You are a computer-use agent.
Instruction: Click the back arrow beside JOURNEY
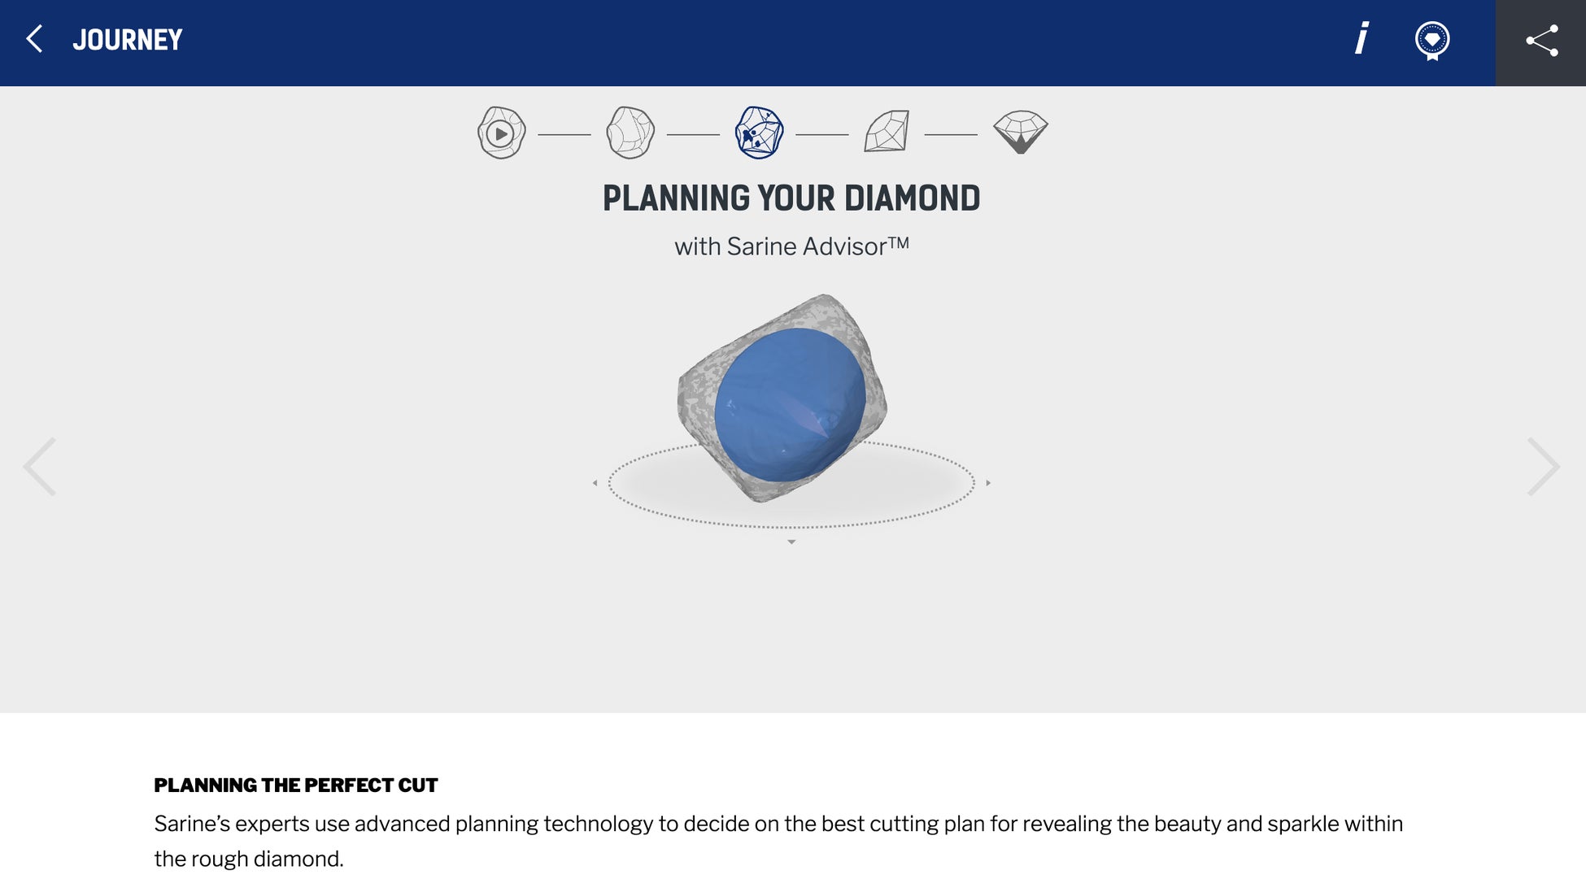[x=34, y=39]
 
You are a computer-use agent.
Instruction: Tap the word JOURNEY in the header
[x=128, y=40]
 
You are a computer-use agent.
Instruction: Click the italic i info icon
[x=1362, y=38]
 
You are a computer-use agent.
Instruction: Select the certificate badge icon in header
[x=1432, y=41]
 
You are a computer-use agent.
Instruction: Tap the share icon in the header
[x=1542, y=41]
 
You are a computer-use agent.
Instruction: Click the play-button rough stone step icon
[x=502, y=133]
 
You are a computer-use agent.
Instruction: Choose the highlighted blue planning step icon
[x=760, y=133]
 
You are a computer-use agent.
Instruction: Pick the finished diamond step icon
[x=1021, y=132]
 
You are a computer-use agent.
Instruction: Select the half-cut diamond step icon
[x=887, y=132]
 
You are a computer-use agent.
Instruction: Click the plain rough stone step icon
[x=630, y=133]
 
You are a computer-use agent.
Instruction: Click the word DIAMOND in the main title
[x=912, y=198]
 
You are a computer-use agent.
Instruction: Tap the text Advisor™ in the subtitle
[x=858, y=246]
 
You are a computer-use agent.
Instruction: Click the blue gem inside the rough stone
[x=790, y=404]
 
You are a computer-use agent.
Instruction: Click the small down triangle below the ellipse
[x=791, y=542]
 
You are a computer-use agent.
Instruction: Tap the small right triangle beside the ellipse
[x=988, y=483]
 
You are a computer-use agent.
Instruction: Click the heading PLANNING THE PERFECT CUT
[x=296, y=785]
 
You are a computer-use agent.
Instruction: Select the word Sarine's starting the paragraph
[x=192, y=824]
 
